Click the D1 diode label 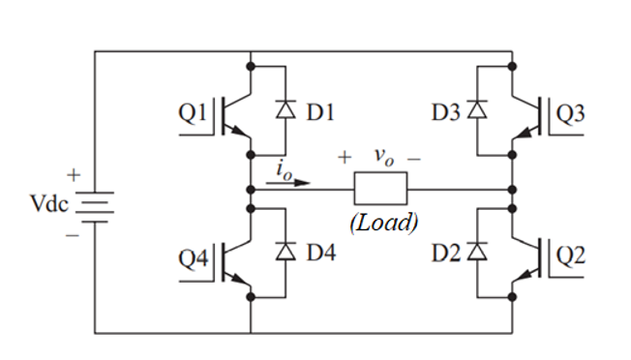pyautogui.click(x=319, y=113)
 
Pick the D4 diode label pyautogui.click(x=319, y=254)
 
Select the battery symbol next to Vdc pyautogui.click(x=94, y=205)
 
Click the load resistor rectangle pyautogui.click(x=381, y=188)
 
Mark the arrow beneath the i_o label pyautogui.click(x=290, y=180)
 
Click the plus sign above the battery pyautogui.click(x=74, y=177)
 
